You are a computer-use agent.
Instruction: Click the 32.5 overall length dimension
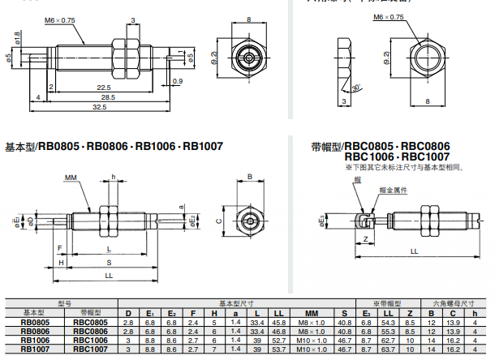(x=99, y=107)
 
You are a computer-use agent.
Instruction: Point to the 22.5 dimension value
(x=103, y=87)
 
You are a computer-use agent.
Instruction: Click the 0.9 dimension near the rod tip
(x=178, y=81)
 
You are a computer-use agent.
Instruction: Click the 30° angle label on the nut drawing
(x=355, y=86)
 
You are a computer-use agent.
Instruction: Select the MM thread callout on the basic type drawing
(x=71, y=176)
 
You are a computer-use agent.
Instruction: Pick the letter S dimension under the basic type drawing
(x=109, y=263)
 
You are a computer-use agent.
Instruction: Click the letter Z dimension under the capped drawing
(x=367, y=239)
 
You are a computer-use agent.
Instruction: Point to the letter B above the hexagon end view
(x=249, y=177)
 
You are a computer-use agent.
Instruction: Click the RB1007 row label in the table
(x=34, y=349)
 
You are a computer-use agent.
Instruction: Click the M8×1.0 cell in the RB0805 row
(x=311, y=322)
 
